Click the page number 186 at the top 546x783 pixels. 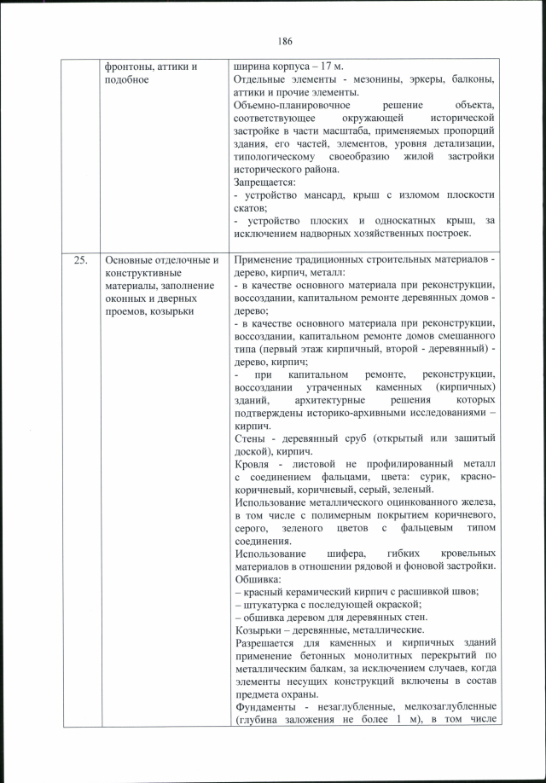point(285,41)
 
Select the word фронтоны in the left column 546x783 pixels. point(129,67)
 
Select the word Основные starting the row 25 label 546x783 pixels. point(131,260)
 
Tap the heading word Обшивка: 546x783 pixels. point(259,579)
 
